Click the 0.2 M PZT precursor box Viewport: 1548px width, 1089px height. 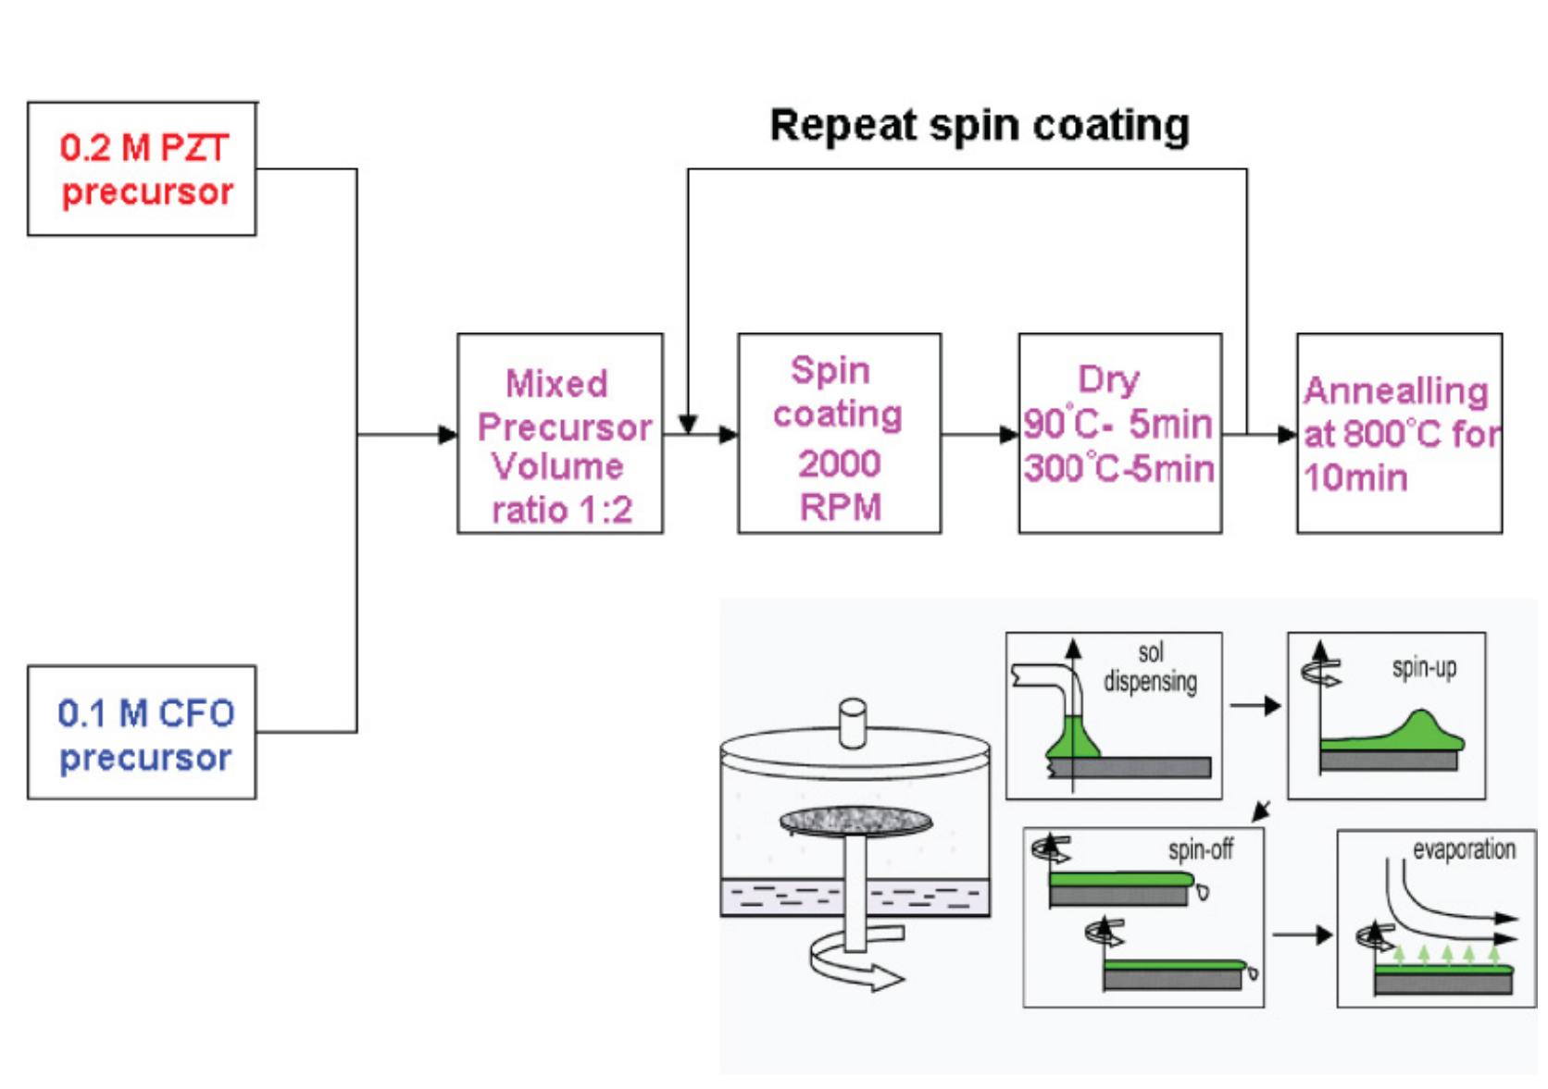pyautogui.click(x=142, y=169)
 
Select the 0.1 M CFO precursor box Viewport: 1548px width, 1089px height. pyautogui.click(x=142, y=733)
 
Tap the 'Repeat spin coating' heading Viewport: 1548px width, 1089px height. pyautogui.click(x=979, y=126)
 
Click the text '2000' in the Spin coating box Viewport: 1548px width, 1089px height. pyautogui.click(x=839, y=464)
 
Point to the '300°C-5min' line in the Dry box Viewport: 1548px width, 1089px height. pyautogui.click(x=1118, y=468)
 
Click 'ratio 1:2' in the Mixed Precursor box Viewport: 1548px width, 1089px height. pyautogui.click(x=561, y=510)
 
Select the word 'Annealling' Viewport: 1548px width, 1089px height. pyautogui.click(x=1395, y=391)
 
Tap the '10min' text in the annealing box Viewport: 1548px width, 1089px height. pyautogui.click(x=1355, y=478)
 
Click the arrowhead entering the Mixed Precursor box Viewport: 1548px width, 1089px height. pyautogui.click(x=448, y=434)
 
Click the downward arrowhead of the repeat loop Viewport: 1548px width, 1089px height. pyautogui.click(x=687, y=424)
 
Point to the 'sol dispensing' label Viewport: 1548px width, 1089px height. pyautogui.click(x=1150, y=667)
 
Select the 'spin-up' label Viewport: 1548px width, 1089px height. pyautogui.click(x=1424, y=668)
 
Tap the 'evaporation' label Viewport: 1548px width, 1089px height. pyautogui.click(x=1463, y=849)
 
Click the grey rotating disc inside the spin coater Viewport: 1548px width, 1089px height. pyautogui.click(x=855, y=821)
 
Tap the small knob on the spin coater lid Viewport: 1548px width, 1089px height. pyautogui.click(x=852, y=722)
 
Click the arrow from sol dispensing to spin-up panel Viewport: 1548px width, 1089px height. pyautogui.click(x=1255, y=706)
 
